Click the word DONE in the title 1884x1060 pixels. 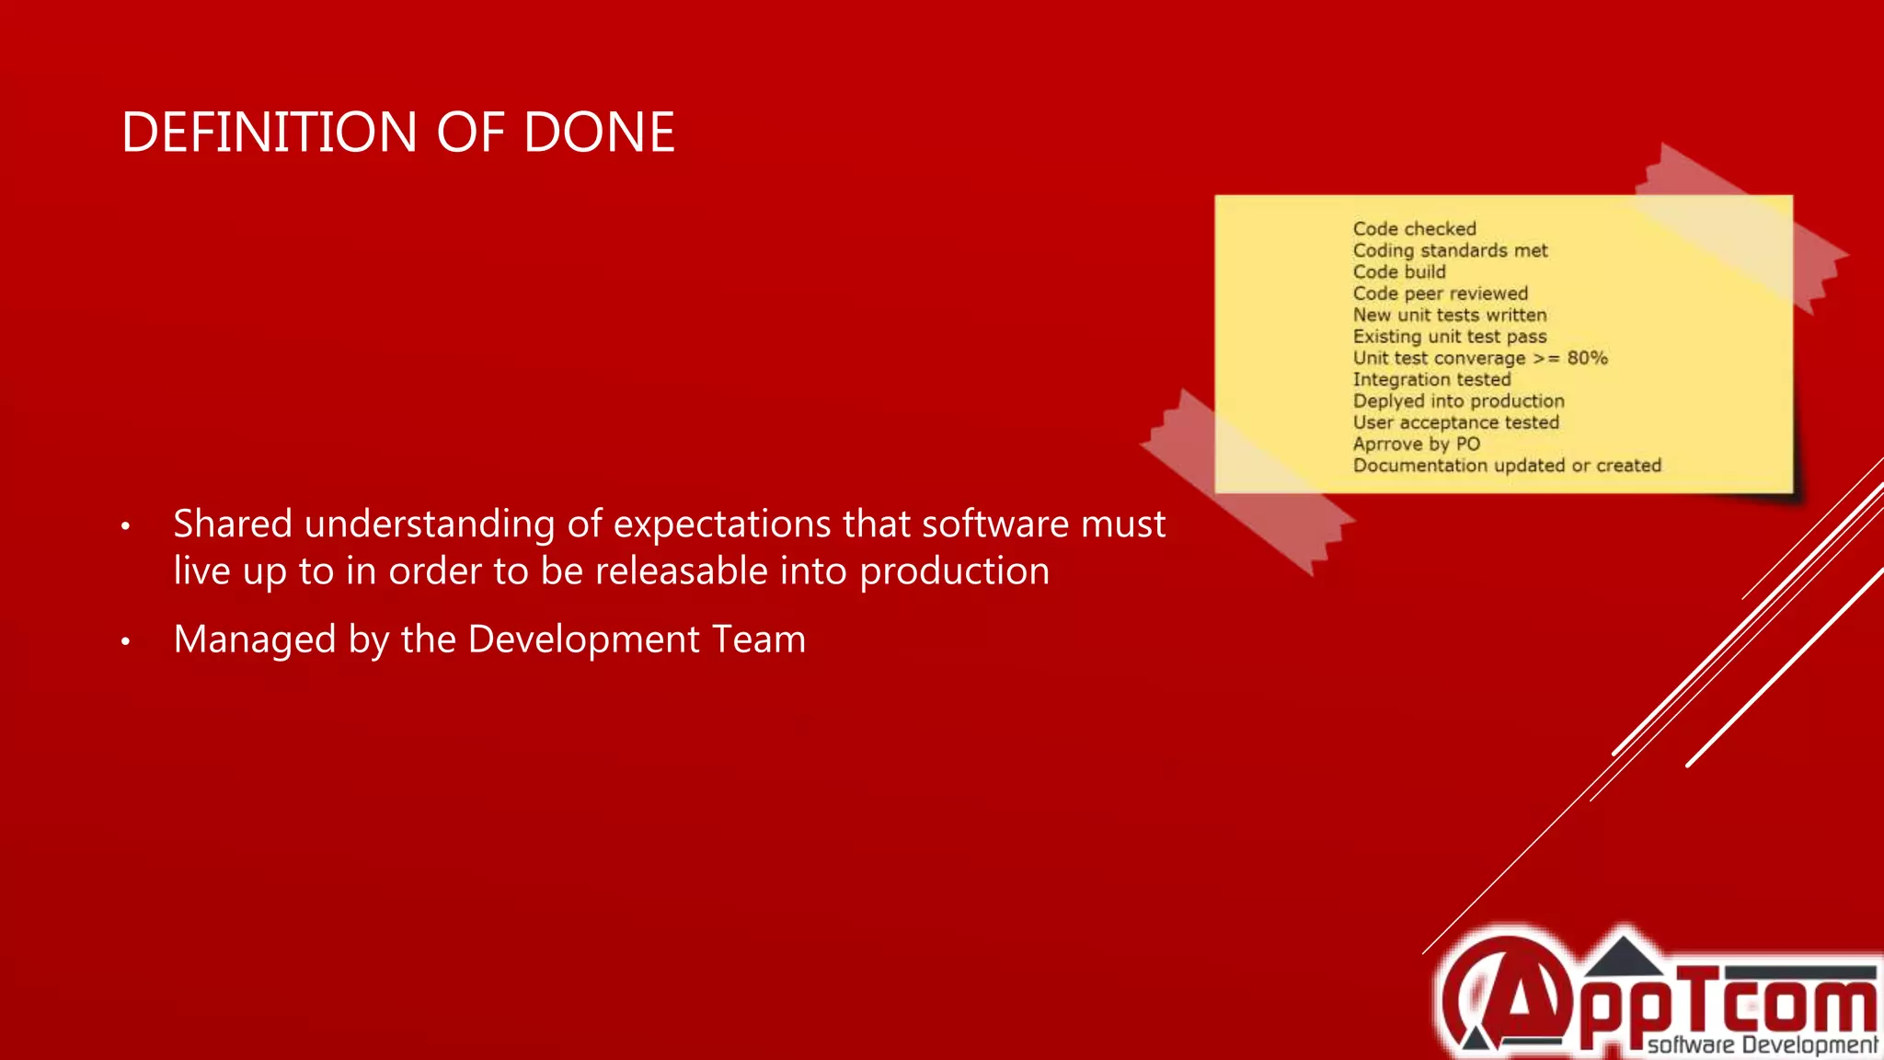click(599, 132)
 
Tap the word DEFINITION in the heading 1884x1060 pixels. click(270, 132)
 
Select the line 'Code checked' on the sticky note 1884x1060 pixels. click(1414, 229)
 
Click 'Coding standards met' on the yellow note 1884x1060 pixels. click(1450, 250)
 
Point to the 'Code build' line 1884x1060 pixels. click(1399, 272)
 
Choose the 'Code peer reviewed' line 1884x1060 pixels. click(1440, 294)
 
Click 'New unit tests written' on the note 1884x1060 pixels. click(1449, 315)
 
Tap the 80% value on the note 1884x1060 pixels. click(1587, 358)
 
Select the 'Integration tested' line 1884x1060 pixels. click(1431, 379)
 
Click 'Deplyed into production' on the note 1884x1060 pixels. click(1458, 401)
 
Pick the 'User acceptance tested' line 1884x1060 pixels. click(1455, 422)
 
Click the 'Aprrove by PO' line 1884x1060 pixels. click(1416, 444)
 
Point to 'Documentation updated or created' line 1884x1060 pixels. click(1507, 466)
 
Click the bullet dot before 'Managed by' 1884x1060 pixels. click(126, 641)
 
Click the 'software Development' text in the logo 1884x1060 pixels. click(1762, 1044)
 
